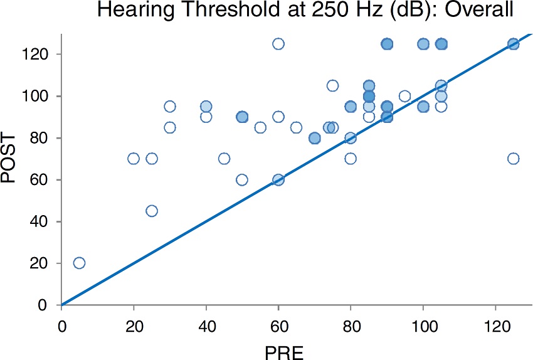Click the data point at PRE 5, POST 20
pyautogui.click(x=79, y=263)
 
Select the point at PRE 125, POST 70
pyautogui.click(x=513, y=159)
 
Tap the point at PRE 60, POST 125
pyautogui.click(x=278, y=44)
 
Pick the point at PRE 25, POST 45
pyautogui.click(x=152, y=211)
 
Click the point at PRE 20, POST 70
pyautogui.click(x=134, y=159)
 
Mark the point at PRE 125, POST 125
pyautogui.click(x=513, y=44)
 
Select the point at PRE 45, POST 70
pyautogui.click(x=224, y=159)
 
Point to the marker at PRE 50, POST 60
pyautogui.click(x=242, y=179)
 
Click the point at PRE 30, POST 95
pyautogui.click(x=170, y=107)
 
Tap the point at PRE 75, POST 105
pyautogui.click(x=332, y=86)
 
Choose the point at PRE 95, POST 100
pyautogui.click(x=404, y=96)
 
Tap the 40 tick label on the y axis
pyautogui.click(x=42, y=221)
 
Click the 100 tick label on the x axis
pyautogui.click(x=423, y=326)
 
